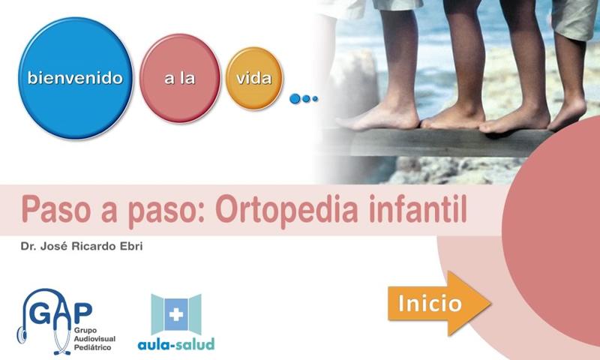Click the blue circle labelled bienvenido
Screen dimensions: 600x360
pyautogui.click(x=76, y=78)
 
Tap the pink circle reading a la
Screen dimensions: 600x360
pyautogui.click(x=180, y=79)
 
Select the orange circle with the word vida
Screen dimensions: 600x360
pyautogui.click(x=254, y=79)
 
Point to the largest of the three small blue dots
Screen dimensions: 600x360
pyautogui.click(x=295, y=99)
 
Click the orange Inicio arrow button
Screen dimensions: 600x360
pyautogui.click(x=439, y=304)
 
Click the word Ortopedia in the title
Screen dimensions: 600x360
pyautogui.click(x=287, y=209)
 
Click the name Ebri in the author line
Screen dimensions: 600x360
pyautogui.click(x=131, y=246)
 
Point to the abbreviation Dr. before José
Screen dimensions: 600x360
pyautogui.click(x=28, y=246)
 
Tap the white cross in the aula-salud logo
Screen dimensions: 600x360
pyautogui.click(x=176, y=314)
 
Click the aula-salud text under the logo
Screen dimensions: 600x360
pyautogui.click(x=176, y=344)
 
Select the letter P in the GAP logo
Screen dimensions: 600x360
pyautogui.click(x=84, y=313)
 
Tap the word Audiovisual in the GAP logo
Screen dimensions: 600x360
pyautogui.click(x=94, y=339)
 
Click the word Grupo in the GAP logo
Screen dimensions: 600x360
pyautogui.click(x=85, y=331)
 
